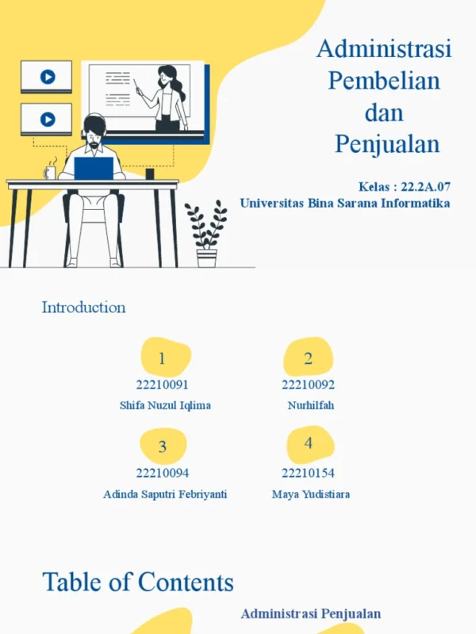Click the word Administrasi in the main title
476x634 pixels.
(x=384, y=48)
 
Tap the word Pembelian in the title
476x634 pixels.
(x=384, y=80)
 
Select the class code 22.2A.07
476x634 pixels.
(x=425, y=186)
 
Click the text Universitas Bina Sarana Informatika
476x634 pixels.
(x=345, y=203)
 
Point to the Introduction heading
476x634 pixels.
(x=84, y=307)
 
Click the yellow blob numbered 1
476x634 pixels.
(x=166, y=357)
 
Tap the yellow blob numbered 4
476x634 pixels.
(x=310, y=445)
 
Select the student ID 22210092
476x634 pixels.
(x=308, y=384)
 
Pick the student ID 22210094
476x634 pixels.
(x=163, y=472)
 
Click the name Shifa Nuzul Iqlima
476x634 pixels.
(x=165, y=405)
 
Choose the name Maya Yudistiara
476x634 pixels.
(x=311, y=494)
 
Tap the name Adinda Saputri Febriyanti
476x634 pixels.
(x=165, y=494)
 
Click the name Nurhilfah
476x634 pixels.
(x=311, y=405)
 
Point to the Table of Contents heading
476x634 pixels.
(x=138, y=582)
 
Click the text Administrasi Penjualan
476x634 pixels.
(x=311, y=613)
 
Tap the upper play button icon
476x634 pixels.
(x=48, y=76)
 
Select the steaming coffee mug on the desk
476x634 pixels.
(x=50, y=170)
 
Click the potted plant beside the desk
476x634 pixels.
(x=206, y=234)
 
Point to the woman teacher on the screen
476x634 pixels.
(x=167, y=98)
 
